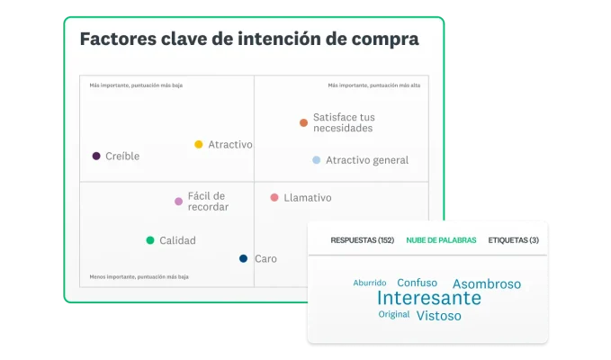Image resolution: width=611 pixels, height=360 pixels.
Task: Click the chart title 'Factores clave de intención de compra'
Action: click(x=249, y=40)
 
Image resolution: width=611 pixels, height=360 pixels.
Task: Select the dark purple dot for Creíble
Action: click(x=96, y=156)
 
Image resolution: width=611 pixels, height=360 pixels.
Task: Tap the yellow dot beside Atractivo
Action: click(x=199, y=144)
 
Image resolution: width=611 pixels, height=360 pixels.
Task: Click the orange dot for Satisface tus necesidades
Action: click(x=303, y=122)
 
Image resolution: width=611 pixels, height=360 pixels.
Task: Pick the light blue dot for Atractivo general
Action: click(x=316, y=160)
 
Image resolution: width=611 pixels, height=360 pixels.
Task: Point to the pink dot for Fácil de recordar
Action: click(x=178, y=202)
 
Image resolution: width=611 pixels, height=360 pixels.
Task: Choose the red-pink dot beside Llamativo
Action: click(x=274, y=197)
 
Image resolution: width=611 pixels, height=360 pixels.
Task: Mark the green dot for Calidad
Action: click(x=150, y=240)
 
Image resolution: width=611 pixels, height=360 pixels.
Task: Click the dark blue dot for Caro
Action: click(x=243, y=258)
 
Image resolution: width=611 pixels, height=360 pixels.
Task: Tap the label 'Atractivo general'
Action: click(x=367, y=160)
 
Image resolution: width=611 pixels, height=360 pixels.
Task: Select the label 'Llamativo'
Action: click(x=308, y=198)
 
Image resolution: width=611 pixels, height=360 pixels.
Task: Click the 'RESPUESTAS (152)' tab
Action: click(x=363, y=240)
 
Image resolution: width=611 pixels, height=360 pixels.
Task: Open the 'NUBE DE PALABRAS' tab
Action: click(x=441, y=240)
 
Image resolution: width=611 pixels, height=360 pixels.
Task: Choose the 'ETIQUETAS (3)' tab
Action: click(x=513, y=240)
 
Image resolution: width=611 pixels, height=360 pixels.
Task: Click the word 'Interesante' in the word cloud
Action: click(x=428, y=298)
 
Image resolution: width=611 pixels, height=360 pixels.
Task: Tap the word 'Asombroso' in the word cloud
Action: click(x=486, y=283)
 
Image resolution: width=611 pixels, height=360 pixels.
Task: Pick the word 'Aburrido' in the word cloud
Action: click(x=370, y=283)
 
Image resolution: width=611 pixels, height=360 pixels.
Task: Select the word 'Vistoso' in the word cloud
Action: click(x=438, y=316)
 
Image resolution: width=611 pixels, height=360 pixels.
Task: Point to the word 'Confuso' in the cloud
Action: click(x=418, y=283)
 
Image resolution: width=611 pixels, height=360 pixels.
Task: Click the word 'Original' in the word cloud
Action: click(x=393, y=315)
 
